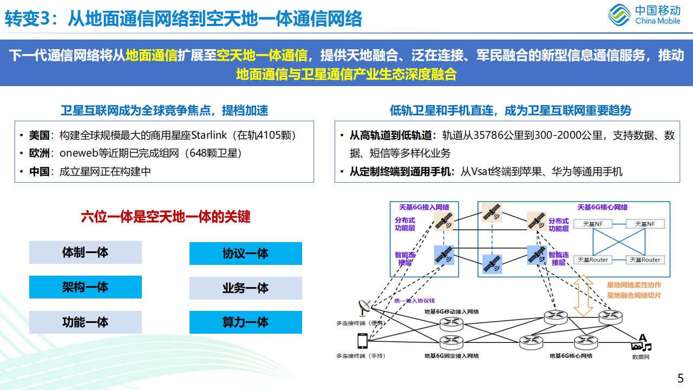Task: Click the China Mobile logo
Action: [644, 15]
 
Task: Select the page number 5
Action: [681, 378]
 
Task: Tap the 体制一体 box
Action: [86, 252]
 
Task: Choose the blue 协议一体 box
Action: [246, 253]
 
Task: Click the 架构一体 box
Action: [86, 287]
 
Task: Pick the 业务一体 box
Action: [246, 288]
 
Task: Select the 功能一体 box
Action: [86, 322]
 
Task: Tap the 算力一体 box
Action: [246, 322]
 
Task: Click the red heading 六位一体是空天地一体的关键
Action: [166, 217]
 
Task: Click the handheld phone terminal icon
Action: [362, 341]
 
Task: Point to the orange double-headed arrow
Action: [583, 296]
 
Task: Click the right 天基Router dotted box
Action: [644, 260]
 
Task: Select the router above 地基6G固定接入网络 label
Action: [452, 341]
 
